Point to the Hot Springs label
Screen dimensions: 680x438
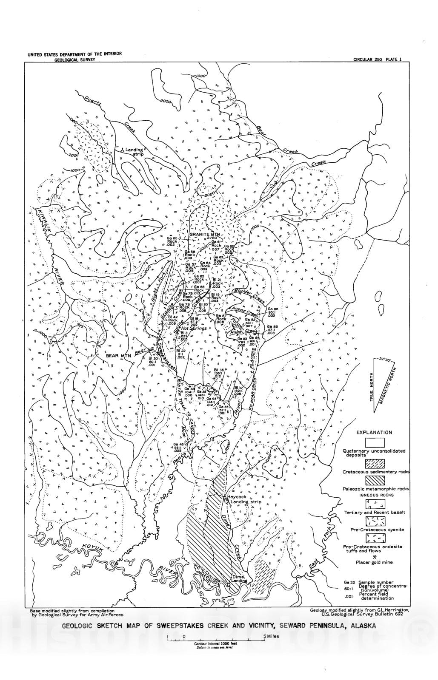tap(194, 329)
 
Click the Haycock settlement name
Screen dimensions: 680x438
tap(238, 497)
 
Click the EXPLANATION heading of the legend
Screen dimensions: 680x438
tap(374, 433)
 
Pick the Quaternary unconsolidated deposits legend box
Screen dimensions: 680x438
tap(375, 443)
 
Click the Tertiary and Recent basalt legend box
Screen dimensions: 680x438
tap(375, 504)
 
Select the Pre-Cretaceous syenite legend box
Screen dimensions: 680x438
tap(375, 521)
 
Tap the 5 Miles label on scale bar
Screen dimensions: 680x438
tap(271, 636)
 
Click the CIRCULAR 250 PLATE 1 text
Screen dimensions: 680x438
tap(377, 59)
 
